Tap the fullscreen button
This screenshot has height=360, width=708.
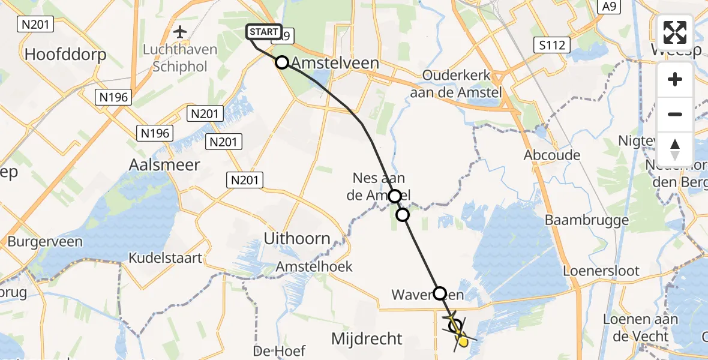coord(675,32)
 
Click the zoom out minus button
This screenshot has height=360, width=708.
coord(675,114)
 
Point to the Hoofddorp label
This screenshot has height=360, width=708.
coord(65,55)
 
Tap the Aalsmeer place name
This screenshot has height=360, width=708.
coord(164,165)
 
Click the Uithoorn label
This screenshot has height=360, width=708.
coord(297,239)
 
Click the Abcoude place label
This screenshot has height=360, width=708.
coord(552,155)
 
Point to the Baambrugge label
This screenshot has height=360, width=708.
coord(587,220)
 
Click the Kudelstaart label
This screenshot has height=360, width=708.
coord(165,258)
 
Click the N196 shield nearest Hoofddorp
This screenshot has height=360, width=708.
coord(113,97)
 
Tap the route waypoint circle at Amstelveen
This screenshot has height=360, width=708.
coord(282,62)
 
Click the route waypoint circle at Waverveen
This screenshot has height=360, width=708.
coord(440,293)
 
